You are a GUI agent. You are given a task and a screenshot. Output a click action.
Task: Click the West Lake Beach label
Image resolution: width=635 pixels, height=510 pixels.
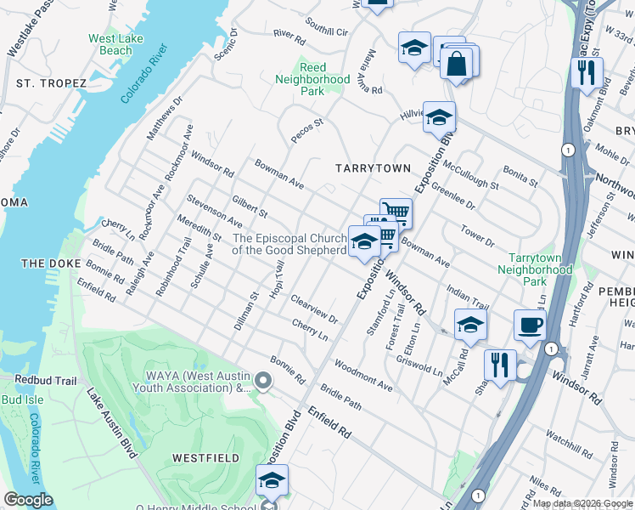[110, 44]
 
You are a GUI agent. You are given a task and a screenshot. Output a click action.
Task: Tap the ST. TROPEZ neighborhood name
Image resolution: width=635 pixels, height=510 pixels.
[51, 83]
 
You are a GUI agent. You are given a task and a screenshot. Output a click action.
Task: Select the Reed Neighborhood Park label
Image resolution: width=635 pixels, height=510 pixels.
[312, 79]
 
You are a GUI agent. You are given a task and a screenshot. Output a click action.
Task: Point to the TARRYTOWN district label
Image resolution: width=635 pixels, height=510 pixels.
[372, 169]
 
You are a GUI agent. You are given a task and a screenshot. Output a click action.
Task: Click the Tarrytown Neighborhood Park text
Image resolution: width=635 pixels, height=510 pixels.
[540, 269]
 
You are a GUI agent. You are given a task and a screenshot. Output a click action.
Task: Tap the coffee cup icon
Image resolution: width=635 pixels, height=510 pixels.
[530, 325]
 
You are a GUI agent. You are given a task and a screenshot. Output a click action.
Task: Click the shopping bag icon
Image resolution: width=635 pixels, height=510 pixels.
[457, 64]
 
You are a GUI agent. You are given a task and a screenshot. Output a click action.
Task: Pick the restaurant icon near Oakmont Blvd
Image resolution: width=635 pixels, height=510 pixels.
[587, 73]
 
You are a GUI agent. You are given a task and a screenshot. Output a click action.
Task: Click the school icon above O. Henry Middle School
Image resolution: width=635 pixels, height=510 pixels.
[272, 480]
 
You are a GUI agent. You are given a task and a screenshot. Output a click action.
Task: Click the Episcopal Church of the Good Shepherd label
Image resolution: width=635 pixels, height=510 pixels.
[289, 245]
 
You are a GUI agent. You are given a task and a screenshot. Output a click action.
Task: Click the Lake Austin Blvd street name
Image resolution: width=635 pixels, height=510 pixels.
[110, 422]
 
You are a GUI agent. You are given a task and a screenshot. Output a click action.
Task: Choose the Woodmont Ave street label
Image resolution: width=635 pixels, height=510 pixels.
[363, 376]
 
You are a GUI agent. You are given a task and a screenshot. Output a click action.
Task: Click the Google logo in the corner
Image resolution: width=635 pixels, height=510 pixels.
[28, 500]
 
